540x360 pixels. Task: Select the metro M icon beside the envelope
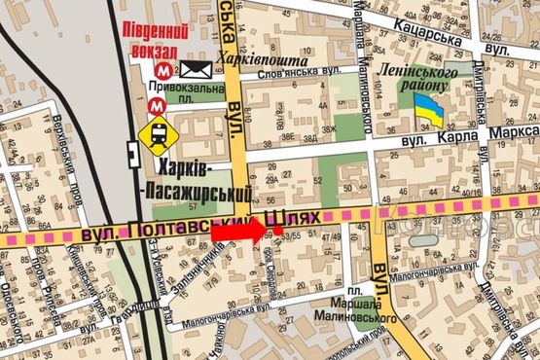(x=168, y=69)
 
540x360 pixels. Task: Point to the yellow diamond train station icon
(x=154, y=134)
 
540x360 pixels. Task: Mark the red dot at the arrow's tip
(x=278, y=231)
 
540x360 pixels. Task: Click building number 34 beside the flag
(x=424, y=127)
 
